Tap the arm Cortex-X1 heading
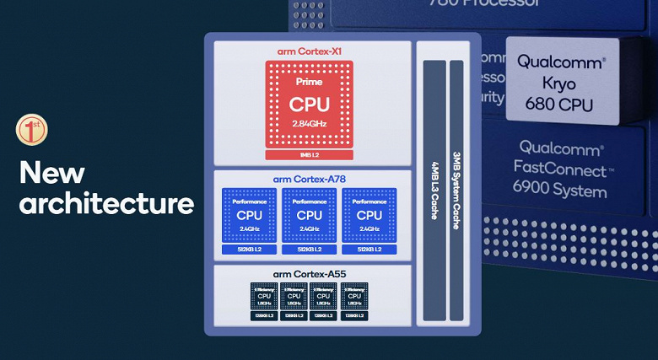pos(310,51)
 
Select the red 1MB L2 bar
pos(310,155)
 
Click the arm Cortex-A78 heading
pos(310,180)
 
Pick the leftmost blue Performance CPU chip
pos(249,215)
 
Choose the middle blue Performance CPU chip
pos(310,215)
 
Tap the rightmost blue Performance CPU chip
pos(369,215)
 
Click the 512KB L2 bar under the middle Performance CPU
pos(310,250)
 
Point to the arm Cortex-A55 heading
pos(310,275)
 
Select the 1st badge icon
pos(32,130)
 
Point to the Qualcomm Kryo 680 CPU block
pos(560,83)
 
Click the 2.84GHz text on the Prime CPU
pos(310,124)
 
